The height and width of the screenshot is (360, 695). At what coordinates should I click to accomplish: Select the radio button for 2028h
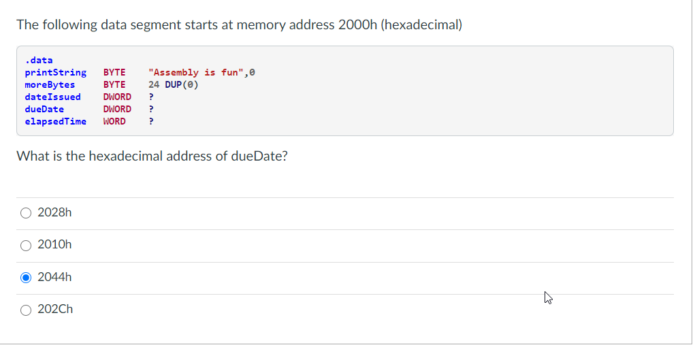point(26,213)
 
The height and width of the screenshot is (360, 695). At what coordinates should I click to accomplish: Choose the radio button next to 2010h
point(26,245)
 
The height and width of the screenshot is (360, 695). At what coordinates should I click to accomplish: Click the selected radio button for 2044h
point(26,277)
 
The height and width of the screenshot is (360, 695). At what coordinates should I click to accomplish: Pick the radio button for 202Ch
point(26,310)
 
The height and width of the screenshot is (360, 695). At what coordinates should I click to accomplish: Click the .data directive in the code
point(38,60)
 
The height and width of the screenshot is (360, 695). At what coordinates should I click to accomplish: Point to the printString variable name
point(55,72)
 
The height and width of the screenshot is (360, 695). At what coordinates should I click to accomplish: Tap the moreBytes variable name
point(50,84)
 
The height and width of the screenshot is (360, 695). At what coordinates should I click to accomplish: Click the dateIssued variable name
point(52,97)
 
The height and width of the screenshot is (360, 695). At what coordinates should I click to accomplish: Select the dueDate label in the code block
point(44,109)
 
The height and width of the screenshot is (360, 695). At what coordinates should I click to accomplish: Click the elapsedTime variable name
point(55,121)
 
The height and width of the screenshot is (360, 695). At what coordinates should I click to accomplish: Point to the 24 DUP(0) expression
point(173,84)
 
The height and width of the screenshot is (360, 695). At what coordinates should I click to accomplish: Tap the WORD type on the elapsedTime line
point(114,121)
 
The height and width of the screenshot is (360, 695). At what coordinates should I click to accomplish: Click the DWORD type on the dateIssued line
point(117,97)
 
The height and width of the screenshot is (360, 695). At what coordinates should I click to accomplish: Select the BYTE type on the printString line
point(114,72)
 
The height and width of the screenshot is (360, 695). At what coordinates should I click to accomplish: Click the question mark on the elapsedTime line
point(151,121)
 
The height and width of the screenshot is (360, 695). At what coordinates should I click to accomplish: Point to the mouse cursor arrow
point(547,297)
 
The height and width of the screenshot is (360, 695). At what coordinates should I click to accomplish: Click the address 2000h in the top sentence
point(357,25)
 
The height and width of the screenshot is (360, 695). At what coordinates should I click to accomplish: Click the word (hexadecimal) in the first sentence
point(421,25)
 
